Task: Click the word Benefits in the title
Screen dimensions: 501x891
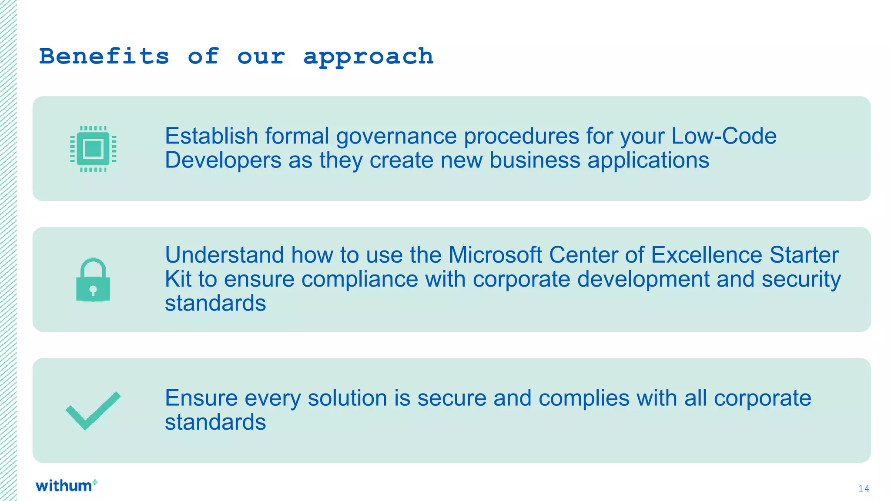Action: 104,57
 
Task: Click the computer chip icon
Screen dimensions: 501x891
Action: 93,149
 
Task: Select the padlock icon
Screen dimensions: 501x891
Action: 93,281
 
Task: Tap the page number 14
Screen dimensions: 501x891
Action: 864,488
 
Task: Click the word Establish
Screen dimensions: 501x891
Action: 211,136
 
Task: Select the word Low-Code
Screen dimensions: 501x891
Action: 724,136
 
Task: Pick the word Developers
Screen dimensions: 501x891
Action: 223,160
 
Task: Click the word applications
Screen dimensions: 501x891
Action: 648,160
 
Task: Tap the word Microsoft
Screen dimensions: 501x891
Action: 495,255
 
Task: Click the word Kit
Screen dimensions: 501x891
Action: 178,279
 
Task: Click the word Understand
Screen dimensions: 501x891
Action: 224,255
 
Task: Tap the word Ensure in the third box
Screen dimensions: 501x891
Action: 201,398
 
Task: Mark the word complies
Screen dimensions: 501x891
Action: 583,398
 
